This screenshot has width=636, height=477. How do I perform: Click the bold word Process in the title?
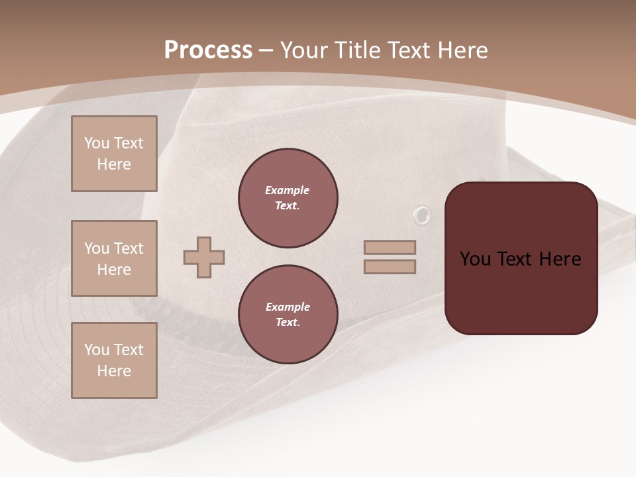208,50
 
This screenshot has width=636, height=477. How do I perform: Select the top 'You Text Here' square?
114,154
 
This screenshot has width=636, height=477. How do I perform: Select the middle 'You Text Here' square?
114,258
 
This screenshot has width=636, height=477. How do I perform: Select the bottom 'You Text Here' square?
114,360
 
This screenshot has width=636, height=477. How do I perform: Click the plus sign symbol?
204,257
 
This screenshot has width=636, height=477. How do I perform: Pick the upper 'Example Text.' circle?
288,198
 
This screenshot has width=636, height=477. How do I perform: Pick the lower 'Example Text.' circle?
288,315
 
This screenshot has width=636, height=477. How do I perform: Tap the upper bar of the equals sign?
390,247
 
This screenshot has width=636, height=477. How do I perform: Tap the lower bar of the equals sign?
390,267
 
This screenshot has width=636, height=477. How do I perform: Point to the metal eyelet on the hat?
421,215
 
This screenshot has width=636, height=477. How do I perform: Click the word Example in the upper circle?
288,190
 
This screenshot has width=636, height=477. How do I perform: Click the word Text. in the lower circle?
288,323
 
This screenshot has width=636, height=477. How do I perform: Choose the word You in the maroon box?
475,259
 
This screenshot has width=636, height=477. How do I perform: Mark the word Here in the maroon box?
560,259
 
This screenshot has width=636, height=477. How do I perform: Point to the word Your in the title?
303,50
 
